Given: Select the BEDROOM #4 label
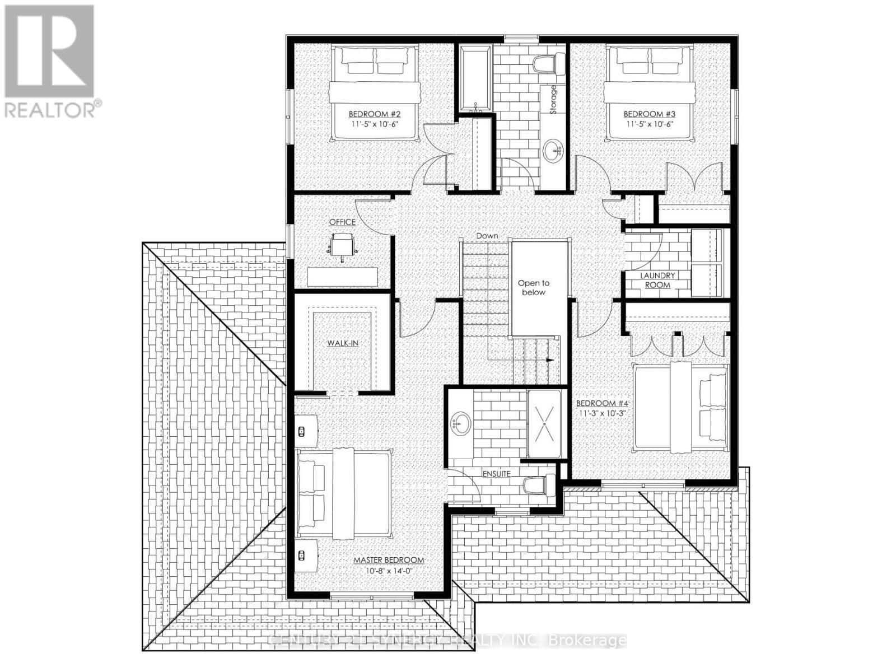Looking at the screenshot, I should tap(602, 403).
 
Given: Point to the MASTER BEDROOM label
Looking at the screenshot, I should tap(389, 560).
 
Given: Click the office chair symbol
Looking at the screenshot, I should tap(342, 245).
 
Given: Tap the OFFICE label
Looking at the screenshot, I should tap(342, 222).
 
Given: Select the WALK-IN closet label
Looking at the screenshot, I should tap(343, 343).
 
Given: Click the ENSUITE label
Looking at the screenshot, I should tap(497, 474).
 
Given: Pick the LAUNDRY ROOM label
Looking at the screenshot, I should tap(657, 280).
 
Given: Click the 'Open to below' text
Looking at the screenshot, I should tap(533, 288).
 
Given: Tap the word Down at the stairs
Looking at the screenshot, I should tap(487, 236).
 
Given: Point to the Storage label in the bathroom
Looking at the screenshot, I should tap(554, 100).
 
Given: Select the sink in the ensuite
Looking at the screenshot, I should tap(461, 423).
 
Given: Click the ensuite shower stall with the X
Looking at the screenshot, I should tap(544, 423).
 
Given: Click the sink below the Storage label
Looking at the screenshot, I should tap(555, 150).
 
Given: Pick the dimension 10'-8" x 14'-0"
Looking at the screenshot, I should tap(389, 571).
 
